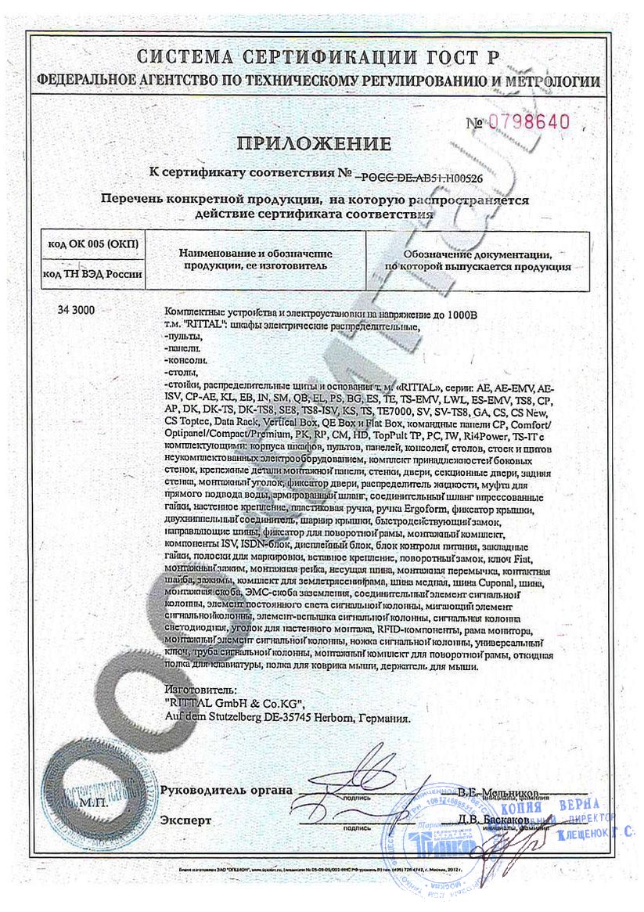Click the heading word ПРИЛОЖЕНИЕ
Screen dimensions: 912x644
[324, 143]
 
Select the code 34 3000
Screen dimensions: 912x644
[76, 310]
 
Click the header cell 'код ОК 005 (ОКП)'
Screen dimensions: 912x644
[92, 245]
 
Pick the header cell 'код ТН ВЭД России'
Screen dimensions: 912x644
[92, 273]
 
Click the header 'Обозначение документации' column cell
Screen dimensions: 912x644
[477, 261]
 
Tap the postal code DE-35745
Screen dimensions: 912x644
[290, 716]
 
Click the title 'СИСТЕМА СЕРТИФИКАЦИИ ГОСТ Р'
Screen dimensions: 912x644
[321, 57]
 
